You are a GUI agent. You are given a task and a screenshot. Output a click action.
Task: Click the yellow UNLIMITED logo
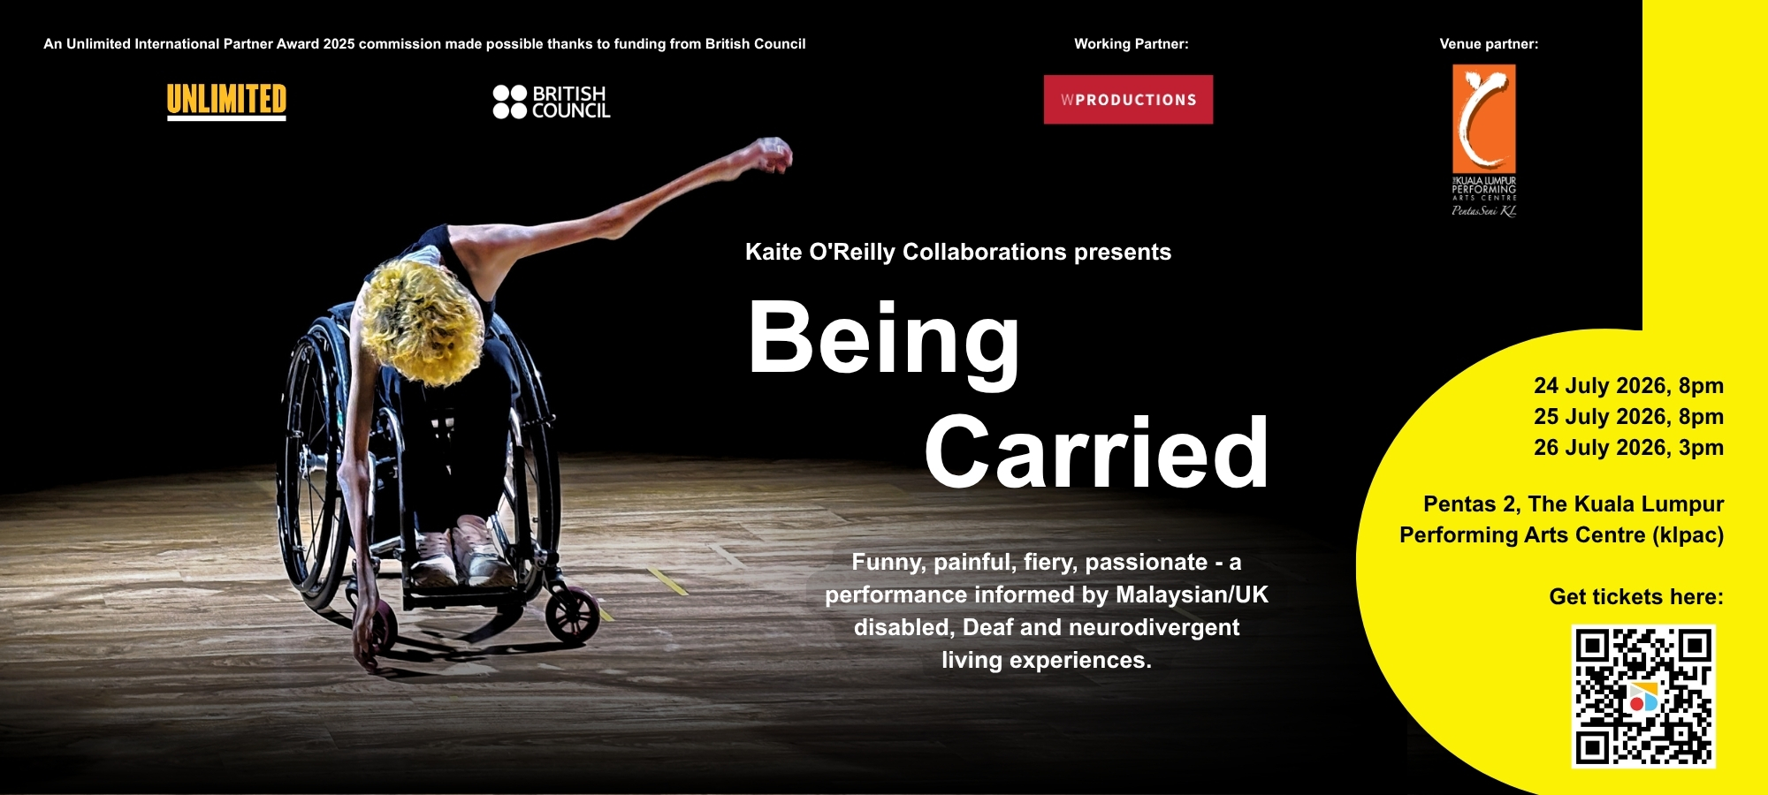226,101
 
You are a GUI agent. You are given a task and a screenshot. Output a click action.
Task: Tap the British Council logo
552,102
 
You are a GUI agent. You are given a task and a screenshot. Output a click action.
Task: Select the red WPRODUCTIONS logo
1128,100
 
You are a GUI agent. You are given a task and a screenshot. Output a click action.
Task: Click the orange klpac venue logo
1484,140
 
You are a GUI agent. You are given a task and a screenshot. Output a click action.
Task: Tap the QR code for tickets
1643,696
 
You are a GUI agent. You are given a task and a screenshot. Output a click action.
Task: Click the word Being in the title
884,340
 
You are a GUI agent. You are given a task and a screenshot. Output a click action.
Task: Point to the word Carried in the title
1096,452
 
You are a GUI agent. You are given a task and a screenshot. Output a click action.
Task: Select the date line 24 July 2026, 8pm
1628,386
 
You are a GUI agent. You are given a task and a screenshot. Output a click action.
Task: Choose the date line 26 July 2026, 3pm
1628,448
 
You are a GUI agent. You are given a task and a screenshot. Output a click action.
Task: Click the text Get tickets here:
1636,597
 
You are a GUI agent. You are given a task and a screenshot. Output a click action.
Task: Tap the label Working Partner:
1132,44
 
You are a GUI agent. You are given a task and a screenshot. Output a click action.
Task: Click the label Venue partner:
1489,44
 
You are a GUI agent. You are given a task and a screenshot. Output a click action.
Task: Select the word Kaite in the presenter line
773,253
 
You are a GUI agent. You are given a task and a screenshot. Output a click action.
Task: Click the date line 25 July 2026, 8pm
1628,417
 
